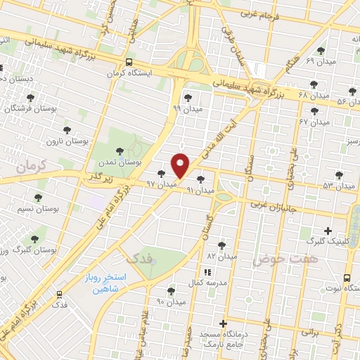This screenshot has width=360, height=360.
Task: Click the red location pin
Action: coord(181,166)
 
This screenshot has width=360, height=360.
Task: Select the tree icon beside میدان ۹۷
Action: coord(162,173)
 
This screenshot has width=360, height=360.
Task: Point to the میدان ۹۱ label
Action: coord(199,190)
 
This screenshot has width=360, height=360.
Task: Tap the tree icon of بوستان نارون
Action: coord(67,131)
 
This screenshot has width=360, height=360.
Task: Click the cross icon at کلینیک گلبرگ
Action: coord(328,231)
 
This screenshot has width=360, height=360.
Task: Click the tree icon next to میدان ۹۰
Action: coord(171,290)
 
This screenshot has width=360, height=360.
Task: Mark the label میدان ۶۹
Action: coord(319,62)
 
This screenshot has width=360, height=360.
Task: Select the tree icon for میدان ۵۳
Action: coord(340,174)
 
